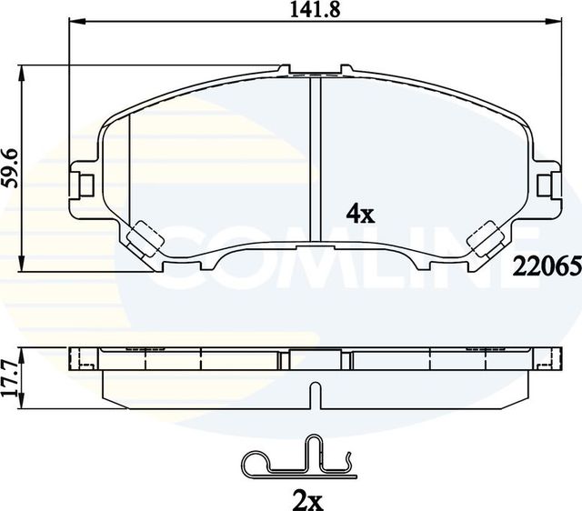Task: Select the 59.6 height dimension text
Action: click(10, 167)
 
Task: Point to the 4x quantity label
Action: click(360, 215)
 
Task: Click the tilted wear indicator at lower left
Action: click(144, 239)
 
